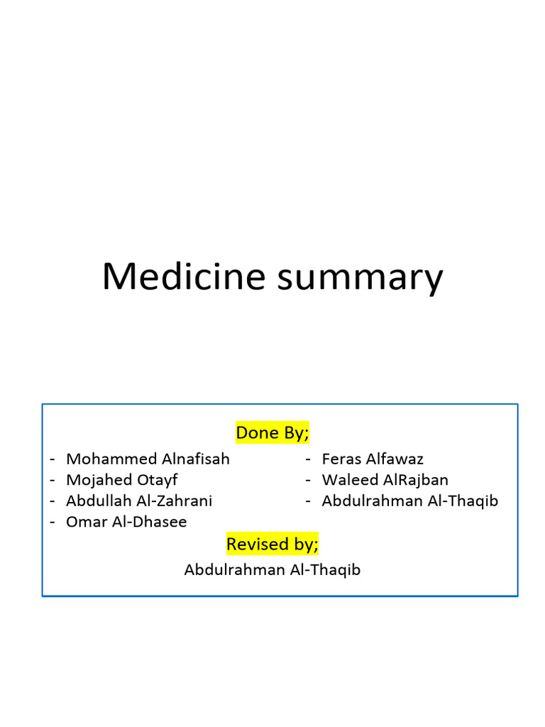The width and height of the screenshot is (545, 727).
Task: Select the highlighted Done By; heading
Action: point(272,432)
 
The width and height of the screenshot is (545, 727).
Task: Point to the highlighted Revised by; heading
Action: point(272,545)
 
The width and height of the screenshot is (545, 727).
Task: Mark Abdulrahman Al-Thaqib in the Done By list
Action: point(409,501)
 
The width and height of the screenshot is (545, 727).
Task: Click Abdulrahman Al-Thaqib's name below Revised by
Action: point(272,569)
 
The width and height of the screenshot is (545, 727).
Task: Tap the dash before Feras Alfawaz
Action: point(309,459)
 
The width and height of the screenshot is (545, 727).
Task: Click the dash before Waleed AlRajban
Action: point(309,481)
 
